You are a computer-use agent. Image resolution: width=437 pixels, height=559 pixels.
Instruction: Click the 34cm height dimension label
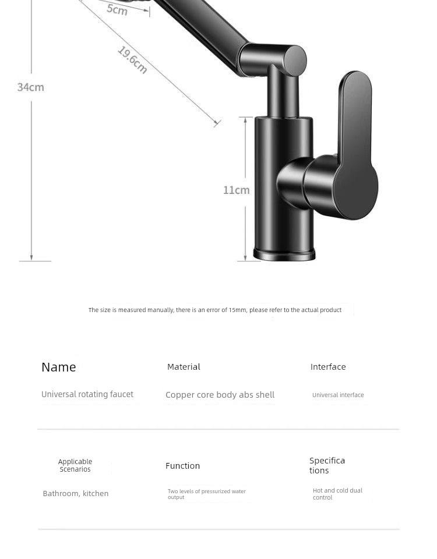(31, 87)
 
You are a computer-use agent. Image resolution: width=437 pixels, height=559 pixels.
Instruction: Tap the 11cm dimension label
(236, 190)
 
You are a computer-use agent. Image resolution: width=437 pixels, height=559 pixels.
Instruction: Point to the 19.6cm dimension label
(132, 60)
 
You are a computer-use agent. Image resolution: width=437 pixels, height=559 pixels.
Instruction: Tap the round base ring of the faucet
(284, 254)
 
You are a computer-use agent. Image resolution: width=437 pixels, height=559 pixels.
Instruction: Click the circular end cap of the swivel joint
(295, 61)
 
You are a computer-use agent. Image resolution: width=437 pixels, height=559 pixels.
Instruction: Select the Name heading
(59, 367)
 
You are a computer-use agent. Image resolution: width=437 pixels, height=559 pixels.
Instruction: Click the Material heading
(184, 367)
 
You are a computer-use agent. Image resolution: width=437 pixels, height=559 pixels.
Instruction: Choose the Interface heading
(328, 367)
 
